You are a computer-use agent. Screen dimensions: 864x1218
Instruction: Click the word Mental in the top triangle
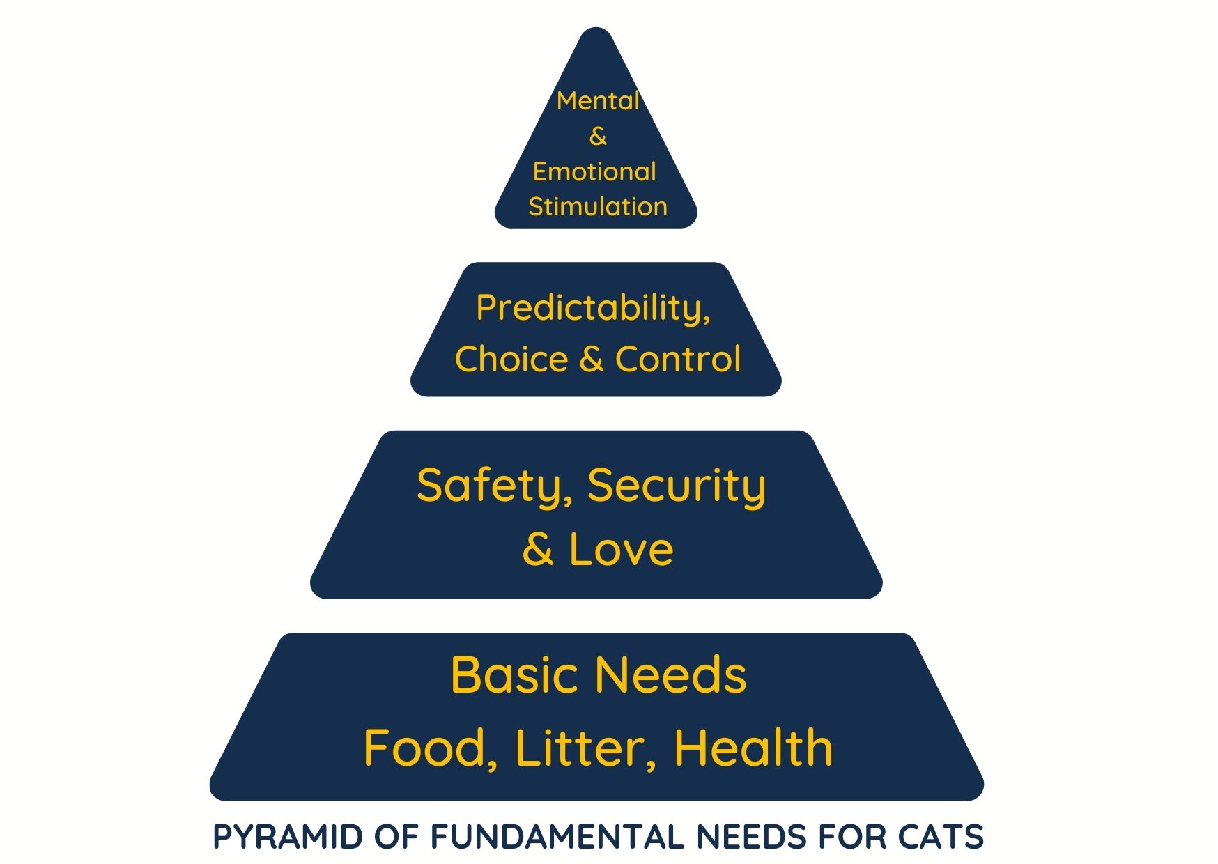(x=598, y=101)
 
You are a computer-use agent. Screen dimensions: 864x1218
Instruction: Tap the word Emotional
(x=594, y=171)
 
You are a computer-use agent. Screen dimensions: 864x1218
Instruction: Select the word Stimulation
(x=598, y=206)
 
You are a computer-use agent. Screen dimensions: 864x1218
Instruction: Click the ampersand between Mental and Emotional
(x=598, y=137)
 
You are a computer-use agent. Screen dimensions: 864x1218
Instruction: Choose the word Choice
(x=511, y=359)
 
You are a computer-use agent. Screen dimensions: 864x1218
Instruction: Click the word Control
(x=677, y=359)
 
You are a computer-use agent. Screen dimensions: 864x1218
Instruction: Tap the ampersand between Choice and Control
(x=591, y=359)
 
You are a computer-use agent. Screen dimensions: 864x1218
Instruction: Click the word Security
(x=676, y=486)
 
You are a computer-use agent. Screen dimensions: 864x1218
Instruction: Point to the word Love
(x=621, y=549)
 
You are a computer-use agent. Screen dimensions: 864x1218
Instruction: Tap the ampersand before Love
(x=538, y=549)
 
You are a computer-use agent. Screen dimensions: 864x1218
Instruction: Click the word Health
(x=753, y=748)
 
